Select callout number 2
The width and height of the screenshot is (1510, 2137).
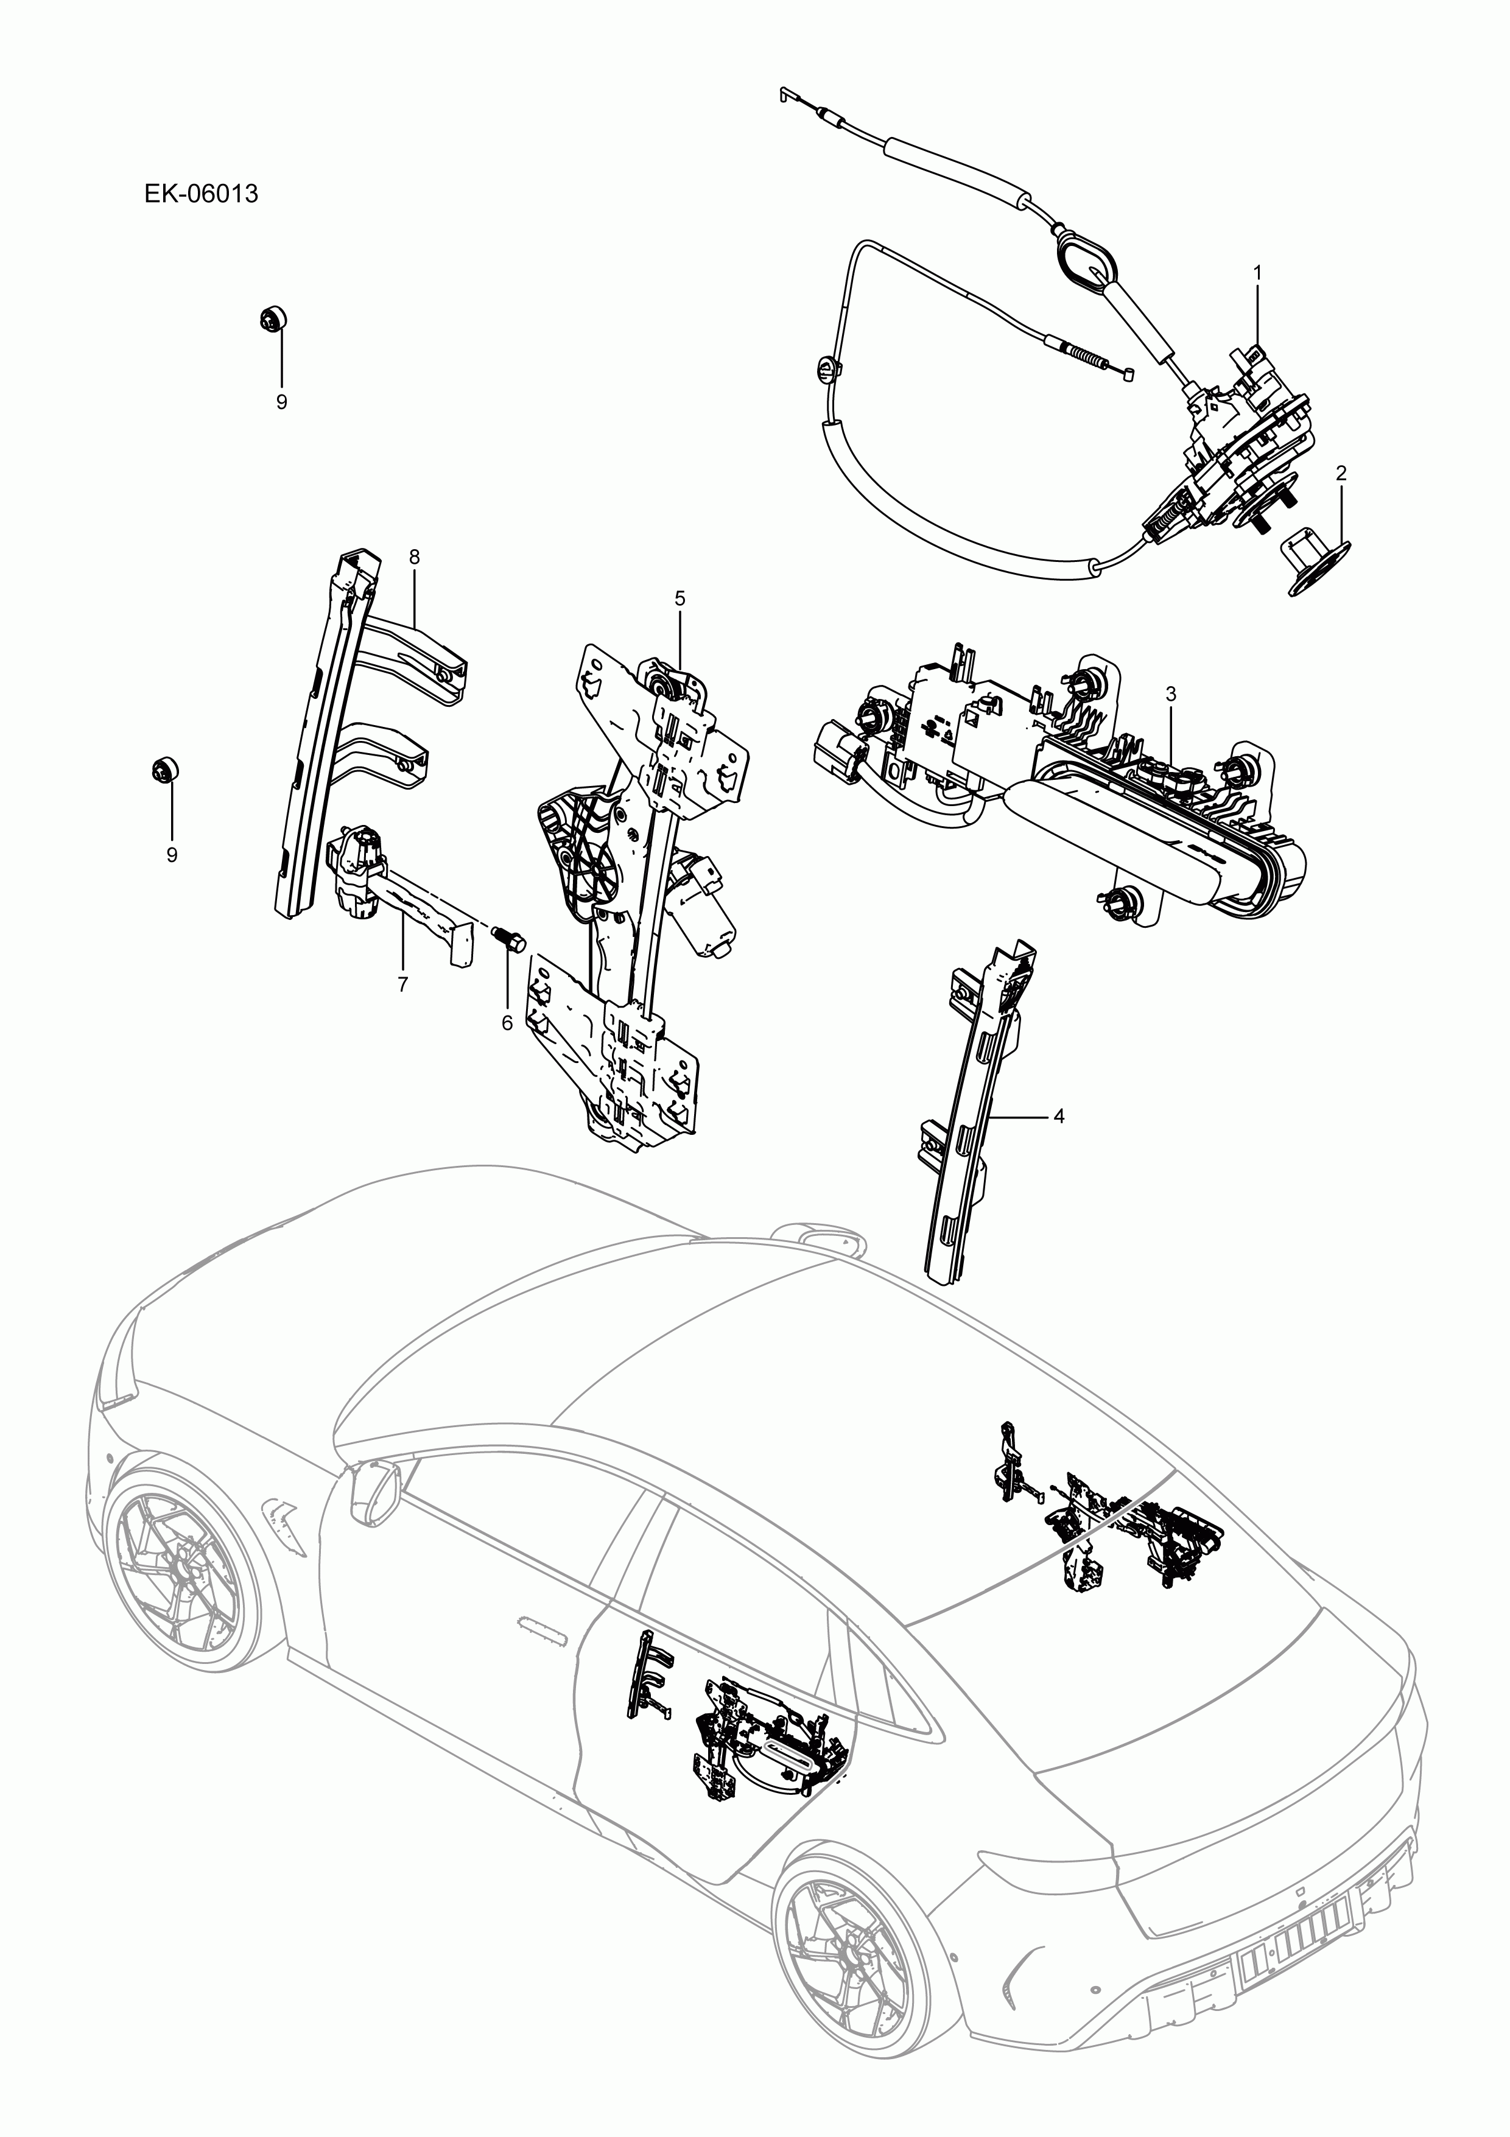coord(1341,473)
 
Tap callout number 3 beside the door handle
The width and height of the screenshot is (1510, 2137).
coord(1171,693)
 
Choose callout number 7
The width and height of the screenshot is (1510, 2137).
coord(414,556)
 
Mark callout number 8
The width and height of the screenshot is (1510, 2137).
coord(281,401)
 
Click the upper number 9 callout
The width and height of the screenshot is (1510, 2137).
coord(171,854)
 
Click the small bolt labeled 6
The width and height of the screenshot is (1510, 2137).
coord(1315,562)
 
